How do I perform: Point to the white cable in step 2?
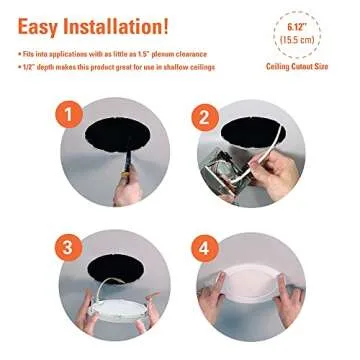(x=285, y=150)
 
